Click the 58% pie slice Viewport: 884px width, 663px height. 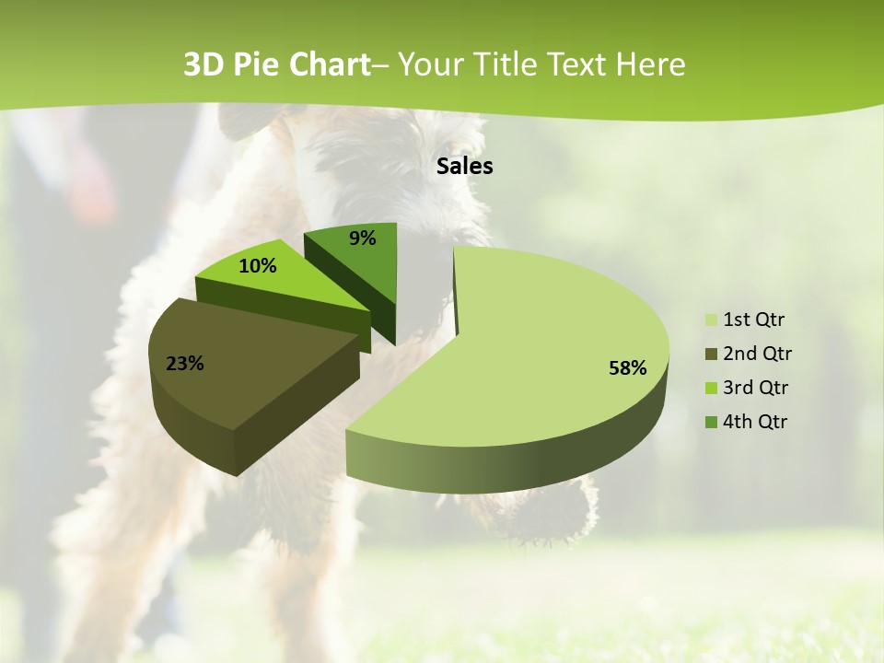coord(552,331)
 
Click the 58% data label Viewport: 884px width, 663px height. coord(627,368)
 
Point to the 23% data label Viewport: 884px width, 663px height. coord(185,364)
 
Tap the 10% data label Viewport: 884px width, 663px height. coord(258,267)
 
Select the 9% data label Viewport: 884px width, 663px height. coord(363,238)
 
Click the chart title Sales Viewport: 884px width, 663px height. coord(465,167)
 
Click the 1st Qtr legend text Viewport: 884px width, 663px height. coord(754,320)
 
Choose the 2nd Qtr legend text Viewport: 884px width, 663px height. coord(758,354)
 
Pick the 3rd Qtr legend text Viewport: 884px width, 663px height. coord(757,388)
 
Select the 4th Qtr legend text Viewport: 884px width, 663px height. coord(757,422)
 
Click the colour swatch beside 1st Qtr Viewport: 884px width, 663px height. coord(711,320)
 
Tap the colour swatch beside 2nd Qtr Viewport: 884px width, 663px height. coord(711,355)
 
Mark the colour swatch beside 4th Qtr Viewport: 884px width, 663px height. coord(711,423)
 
